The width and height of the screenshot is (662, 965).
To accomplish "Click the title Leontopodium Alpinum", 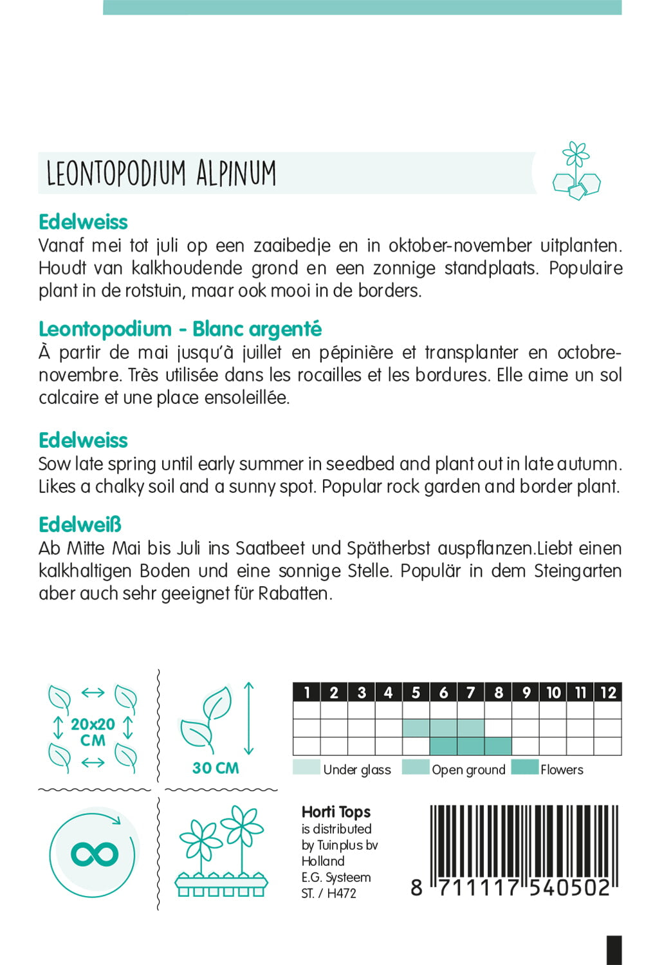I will pos(161,173).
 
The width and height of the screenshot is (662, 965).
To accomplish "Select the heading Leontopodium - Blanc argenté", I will pos(180,329).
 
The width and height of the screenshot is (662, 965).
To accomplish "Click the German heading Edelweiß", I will pos(80,524).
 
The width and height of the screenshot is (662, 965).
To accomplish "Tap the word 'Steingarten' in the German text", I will pos(577,571).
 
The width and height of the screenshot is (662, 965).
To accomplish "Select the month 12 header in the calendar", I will pos(608,692).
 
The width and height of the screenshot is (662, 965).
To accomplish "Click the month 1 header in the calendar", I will pos(307,692).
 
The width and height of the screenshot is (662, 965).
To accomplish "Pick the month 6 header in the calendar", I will pos(443,692).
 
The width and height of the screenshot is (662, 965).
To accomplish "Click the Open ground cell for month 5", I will pos(416,728).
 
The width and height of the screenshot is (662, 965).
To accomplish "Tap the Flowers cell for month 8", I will pos(498,746).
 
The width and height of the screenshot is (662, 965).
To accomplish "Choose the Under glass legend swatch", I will pos(306,767).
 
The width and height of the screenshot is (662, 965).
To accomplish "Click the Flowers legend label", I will pos(562,769).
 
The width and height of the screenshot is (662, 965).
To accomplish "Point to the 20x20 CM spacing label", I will pos(93,732).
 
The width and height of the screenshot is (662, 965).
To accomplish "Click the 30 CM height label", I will pos(216,768).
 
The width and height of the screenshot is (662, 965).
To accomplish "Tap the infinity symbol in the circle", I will pos(94,854).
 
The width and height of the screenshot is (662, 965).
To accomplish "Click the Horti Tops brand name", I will pos(336,812).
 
